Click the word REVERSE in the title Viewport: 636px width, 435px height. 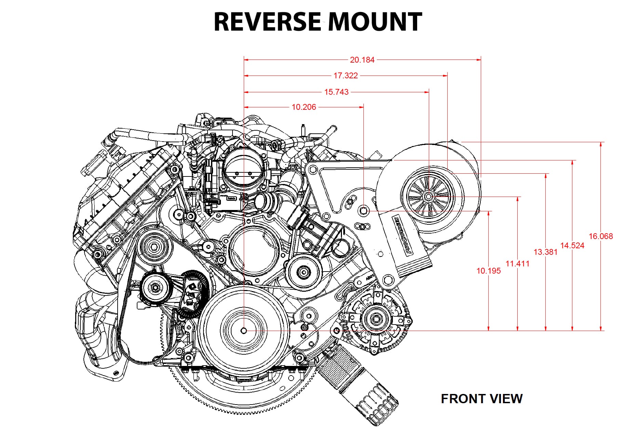267,22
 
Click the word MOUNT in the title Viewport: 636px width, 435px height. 375,22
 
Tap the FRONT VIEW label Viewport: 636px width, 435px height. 481,399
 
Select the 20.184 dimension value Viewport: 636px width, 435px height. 362,60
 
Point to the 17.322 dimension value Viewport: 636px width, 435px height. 346,76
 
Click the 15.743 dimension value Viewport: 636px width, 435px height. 336,92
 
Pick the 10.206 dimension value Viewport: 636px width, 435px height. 304,107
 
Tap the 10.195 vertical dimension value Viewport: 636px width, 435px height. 489,271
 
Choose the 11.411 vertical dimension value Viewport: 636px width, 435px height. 517,264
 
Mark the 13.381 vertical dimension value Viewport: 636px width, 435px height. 546,252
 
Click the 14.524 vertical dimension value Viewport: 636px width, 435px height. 572,245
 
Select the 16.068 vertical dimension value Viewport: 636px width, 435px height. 601,236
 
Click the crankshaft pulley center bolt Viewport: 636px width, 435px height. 244,331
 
